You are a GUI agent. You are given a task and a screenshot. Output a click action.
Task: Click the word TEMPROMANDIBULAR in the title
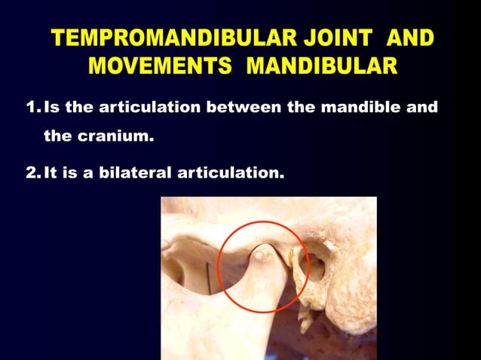(x=164, y=38)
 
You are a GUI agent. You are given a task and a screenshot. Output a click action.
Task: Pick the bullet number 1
(x=32, y=107)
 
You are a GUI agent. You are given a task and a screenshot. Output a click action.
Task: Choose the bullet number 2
(x=32, y=173)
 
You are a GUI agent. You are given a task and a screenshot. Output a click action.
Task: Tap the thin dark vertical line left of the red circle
(x=204, y=271)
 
